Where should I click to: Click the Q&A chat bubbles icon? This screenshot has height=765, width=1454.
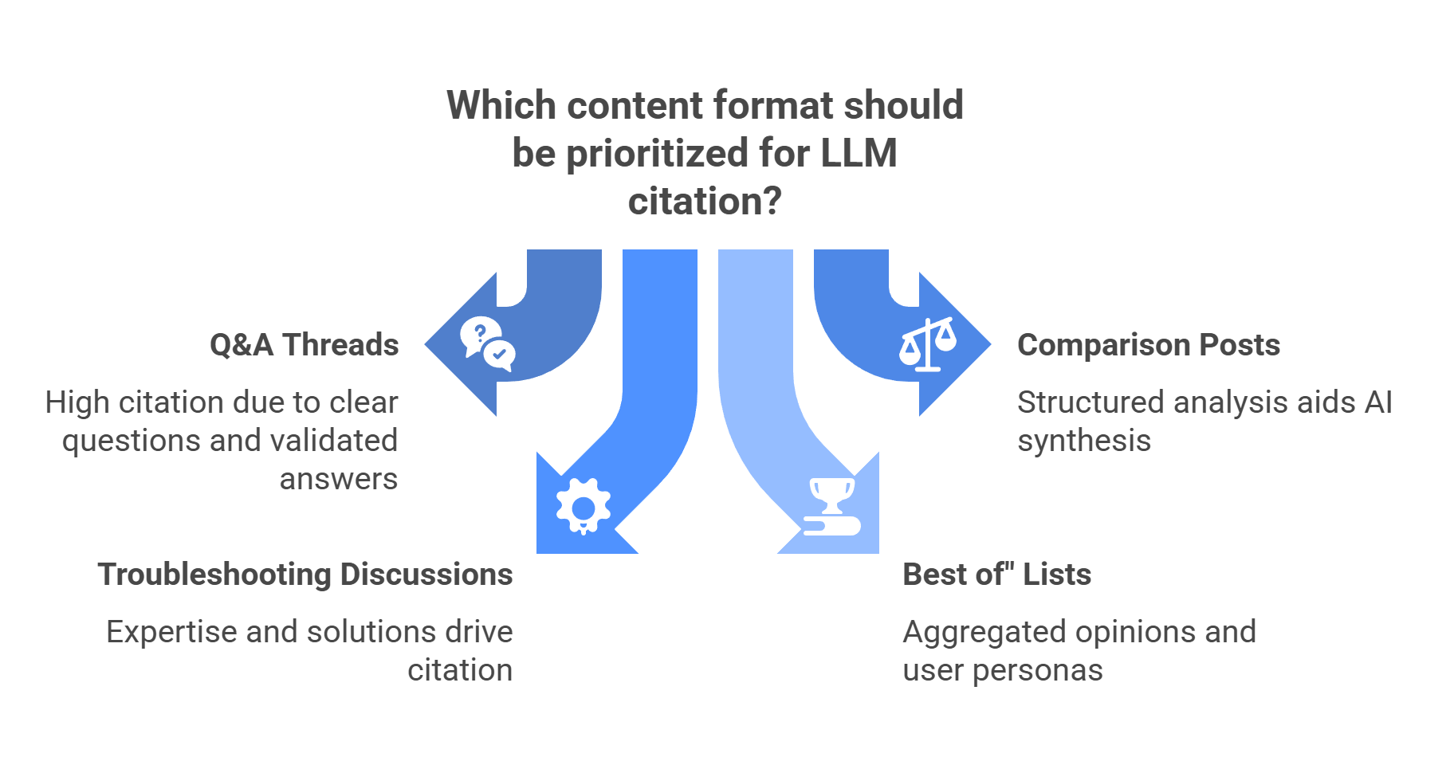pos(487,344)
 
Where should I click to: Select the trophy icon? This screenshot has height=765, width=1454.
pos(831,506)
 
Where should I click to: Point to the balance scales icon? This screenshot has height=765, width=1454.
pos(927,344)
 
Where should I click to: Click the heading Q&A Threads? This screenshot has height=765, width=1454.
pos(304,345)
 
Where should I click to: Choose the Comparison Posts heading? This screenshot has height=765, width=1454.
pos(1149,345)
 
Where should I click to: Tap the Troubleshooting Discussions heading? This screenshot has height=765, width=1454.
pos(305,575)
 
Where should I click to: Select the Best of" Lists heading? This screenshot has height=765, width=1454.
pos(996,575)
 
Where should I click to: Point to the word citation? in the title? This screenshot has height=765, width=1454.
pos(705,202)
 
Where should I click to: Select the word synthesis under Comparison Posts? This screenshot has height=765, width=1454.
pos(1084,441)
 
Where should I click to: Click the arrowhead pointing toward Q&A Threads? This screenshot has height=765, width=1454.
pos(454,344)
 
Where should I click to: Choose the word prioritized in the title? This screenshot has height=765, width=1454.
pos(658,153)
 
